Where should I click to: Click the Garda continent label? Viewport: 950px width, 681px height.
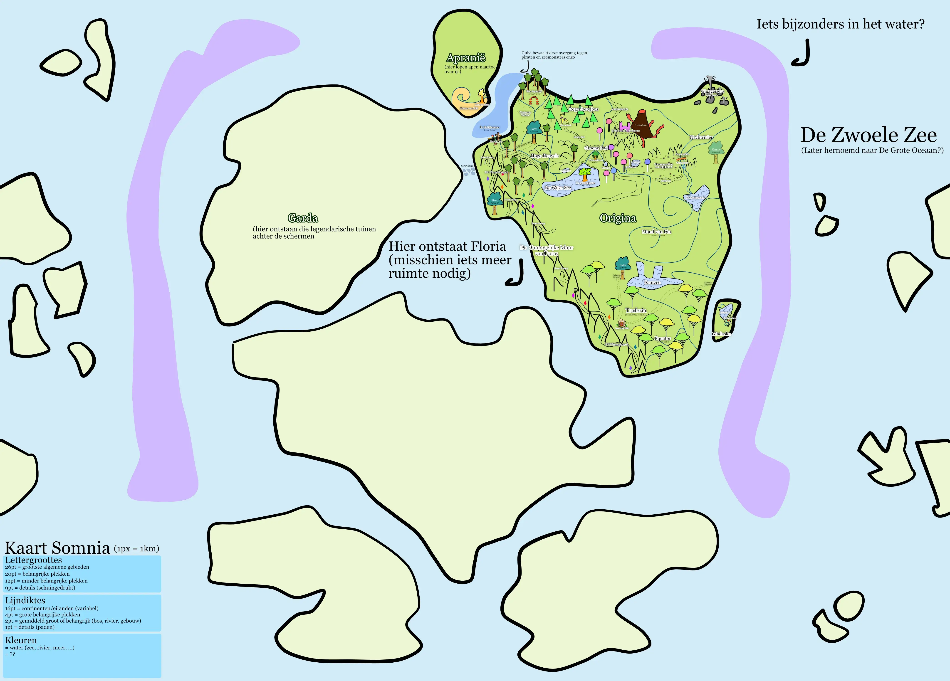tap(303, 218)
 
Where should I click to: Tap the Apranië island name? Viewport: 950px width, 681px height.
tap(465, 58)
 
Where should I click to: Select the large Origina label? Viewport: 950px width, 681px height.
tap(618, 218)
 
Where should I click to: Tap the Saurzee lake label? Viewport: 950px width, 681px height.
tap(652, 283)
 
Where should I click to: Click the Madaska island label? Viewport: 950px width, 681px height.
tap(721, 334)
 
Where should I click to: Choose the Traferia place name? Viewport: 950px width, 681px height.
tap(636, 310)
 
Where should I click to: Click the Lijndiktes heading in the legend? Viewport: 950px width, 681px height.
tap(25, 600)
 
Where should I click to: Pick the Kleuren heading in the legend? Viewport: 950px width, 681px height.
tap(21, 640)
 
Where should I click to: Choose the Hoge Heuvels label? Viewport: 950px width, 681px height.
tap(544, 156)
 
